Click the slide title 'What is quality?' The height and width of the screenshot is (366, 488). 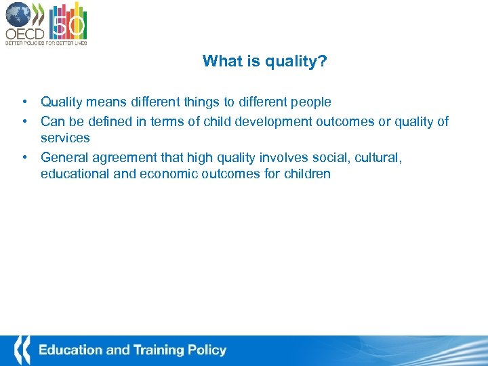(x=264, y=62)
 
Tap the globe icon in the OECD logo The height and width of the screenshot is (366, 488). (x=18, y=14)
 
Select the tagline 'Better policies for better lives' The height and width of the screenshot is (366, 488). (x=46, y=43)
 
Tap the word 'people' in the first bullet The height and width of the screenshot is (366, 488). (x=310, y=102)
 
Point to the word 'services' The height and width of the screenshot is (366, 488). (x=65, y=138)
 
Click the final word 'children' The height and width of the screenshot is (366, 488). (x=306, y=174)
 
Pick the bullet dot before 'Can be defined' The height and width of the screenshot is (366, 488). (x=24, y=121)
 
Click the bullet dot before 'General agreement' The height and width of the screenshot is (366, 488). (x=24, y=157)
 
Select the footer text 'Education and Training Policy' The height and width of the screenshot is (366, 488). (x=132, y=350)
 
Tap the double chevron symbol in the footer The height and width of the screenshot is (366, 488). (x=22, y=350)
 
